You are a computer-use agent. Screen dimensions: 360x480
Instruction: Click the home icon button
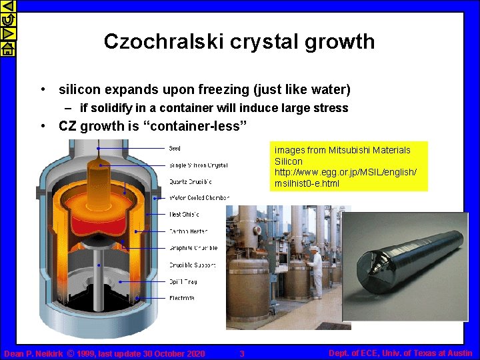coord(7,49)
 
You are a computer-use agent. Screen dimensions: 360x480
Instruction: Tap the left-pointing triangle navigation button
coord(7,7)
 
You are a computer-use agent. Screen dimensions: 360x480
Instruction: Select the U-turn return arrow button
coord(7,21)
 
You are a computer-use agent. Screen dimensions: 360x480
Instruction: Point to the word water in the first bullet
coord(327,89)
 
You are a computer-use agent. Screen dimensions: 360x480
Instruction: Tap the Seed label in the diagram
coord(174,148)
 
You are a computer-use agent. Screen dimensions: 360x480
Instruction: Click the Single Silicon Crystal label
coord(198,165)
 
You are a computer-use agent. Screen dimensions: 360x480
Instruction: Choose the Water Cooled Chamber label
coord(199,197)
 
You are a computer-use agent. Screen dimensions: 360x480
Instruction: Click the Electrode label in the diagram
coord(182,297)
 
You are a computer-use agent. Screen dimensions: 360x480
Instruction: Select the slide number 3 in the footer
coord(242,353)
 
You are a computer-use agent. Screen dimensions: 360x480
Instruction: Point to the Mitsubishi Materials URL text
coord(345,177)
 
